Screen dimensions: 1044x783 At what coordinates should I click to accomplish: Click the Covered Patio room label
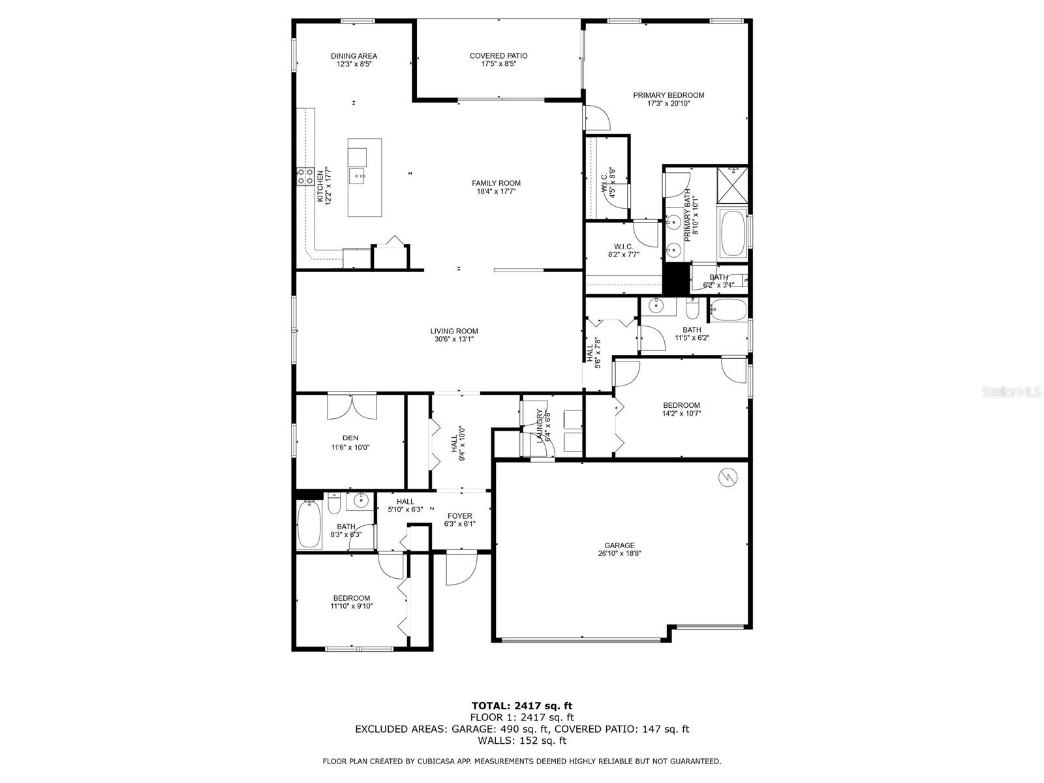click(499, 55)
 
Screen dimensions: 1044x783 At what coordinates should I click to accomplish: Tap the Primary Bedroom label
click(668, 95)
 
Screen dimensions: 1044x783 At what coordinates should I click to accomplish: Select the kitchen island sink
click(357, 176)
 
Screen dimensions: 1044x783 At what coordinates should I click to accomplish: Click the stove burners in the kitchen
click(305, 176)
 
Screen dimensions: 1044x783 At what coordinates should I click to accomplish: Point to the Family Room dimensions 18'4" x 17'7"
click(496, 192)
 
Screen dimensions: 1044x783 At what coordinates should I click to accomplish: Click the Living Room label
click(454, 331)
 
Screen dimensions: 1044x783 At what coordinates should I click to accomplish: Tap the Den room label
click(350, 438)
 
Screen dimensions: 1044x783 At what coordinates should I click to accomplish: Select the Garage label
click(619, 545)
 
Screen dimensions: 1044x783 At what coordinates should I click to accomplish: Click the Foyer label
click(460, 516)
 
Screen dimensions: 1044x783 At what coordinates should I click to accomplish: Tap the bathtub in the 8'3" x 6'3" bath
click(309, 525)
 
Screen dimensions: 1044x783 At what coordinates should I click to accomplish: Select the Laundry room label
click(540, 426)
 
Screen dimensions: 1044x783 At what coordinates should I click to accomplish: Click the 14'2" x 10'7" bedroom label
click(682, 405)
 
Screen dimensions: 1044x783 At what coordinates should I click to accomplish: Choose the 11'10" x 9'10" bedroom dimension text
click(352, 606)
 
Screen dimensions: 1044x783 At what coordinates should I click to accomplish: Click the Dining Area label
click(354, 56)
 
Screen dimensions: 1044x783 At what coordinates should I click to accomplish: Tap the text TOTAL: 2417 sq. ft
click(522, 705)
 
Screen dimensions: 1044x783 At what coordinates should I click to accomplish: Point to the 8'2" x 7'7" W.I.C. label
click(624, 246)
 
